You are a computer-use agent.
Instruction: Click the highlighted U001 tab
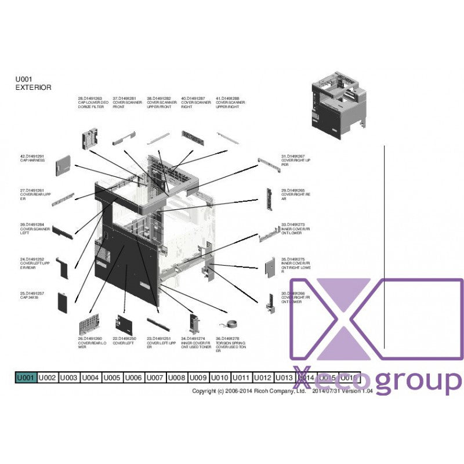(x=26, y=378)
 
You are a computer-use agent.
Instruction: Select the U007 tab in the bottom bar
(x=155, y=378)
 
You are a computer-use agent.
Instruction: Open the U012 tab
(x=263, y=378)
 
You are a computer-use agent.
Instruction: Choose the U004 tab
(x=90, y=378)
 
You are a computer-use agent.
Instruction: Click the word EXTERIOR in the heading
(x=33, y=88)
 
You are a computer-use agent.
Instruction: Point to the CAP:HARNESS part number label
(x=32, y=158)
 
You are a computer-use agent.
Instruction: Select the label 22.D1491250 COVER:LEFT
(x=125, y=340)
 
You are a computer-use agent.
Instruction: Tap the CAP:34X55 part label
(x=32, y=296)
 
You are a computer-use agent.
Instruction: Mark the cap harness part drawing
(x=62, y=165)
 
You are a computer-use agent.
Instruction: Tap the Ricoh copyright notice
(x=249, y=391)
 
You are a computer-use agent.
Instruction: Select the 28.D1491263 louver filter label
(x=93, y=103)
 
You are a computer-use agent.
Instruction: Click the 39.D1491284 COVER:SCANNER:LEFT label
(x=35, y=229)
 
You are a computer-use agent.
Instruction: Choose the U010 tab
(x=219, y=378)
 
